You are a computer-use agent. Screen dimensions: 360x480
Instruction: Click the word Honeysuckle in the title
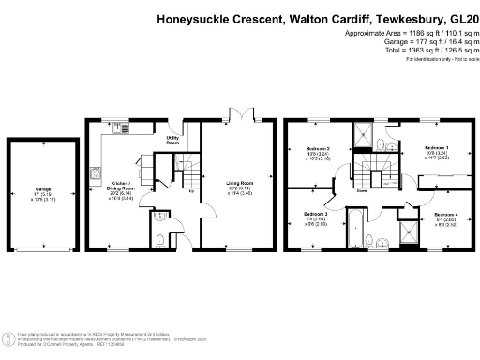tap(198, 17)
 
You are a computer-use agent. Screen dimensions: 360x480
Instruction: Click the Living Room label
tap(241, 184)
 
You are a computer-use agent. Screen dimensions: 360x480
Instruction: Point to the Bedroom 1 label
tap(436, 149)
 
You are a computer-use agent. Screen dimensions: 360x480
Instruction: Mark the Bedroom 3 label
tap(314, 214)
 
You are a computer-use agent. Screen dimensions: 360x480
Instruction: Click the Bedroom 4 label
tap(436, 215)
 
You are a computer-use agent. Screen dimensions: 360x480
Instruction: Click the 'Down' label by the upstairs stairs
tap(361, 190)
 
